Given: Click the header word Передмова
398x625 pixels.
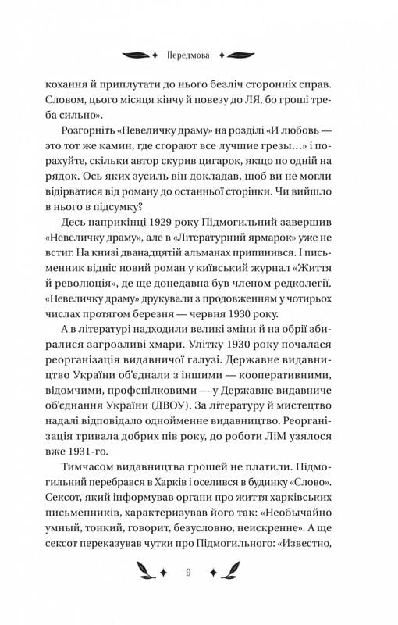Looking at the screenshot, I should pyautogui.click(x=199, y=55).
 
